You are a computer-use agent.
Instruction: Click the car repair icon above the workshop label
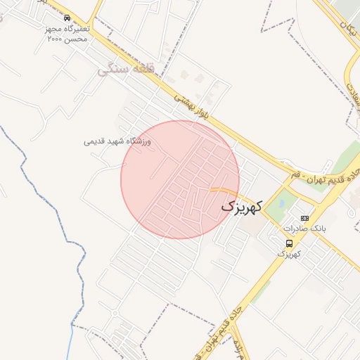(67, 18)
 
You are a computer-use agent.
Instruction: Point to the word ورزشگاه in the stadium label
(138, 141)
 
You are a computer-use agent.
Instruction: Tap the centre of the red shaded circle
(180, 179)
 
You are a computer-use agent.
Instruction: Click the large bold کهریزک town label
(241, 206)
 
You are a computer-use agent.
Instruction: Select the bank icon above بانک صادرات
(304, 218)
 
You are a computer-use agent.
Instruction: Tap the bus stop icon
(289, 243)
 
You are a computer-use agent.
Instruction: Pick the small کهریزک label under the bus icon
(289, 253)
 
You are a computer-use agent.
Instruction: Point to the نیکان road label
(346, 27)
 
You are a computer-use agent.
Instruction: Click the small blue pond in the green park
(282, 205)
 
